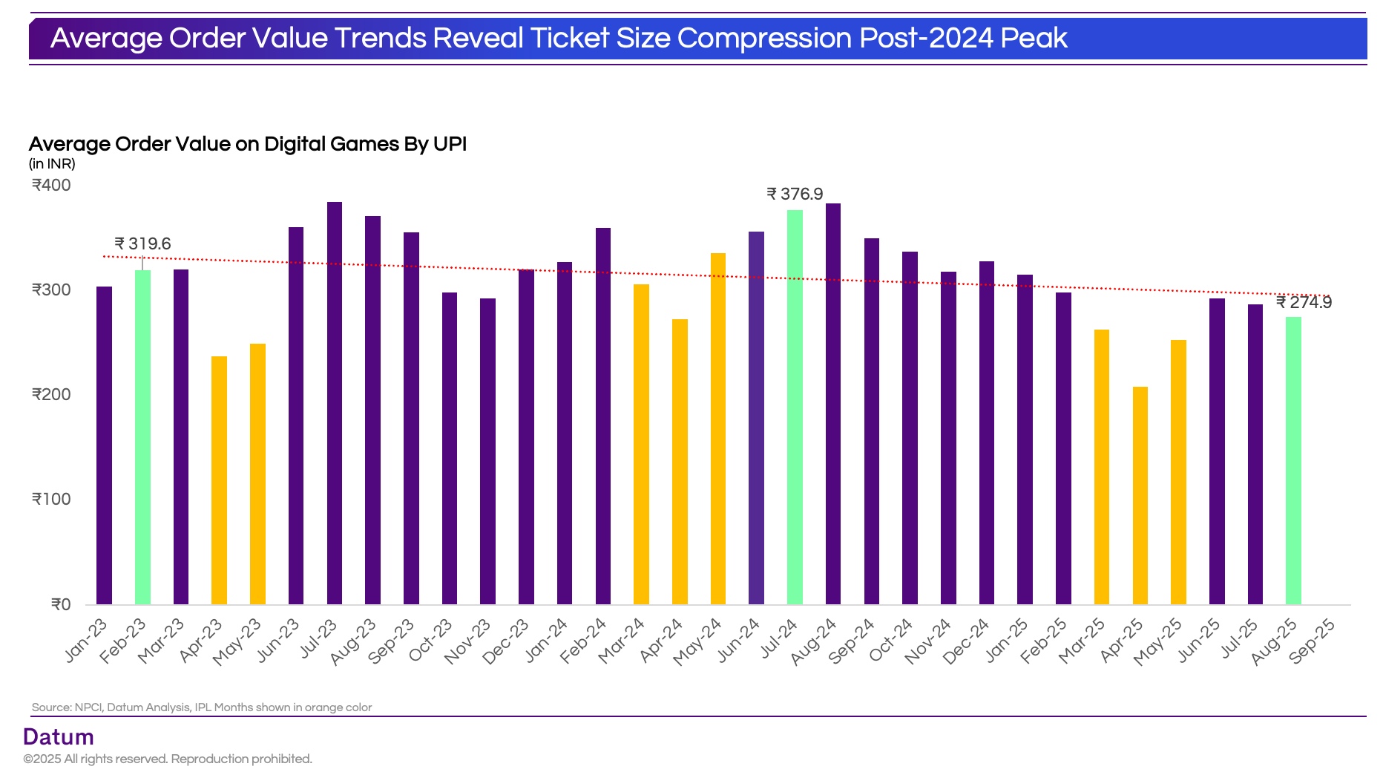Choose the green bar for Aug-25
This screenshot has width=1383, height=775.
pyautogui.click(x=1293, y=460)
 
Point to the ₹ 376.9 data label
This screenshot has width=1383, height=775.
pyautogui.click(x=795, y=194)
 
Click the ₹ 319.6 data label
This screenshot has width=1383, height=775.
pyautogui.click(x=142, y=244)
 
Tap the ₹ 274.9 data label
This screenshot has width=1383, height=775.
pyautogui.click(x=1304, y=303)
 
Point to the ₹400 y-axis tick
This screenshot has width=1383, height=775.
pyautogui.click(x=51, y=186)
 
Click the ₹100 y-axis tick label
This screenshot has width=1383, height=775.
pyautogui.click(x=51, y=500)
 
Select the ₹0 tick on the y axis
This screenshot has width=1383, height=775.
pyautogui.click(x=61, y=605)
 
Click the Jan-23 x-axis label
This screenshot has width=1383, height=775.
pyautogui.click(x=86, y=640)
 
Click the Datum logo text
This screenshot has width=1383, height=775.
pyautogui.click(x=59, y=737)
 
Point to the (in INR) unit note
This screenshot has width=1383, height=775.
pyautogui.click(x=52, y=164)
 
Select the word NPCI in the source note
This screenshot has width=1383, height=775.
pyautogui.click(x=88, y=707)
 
